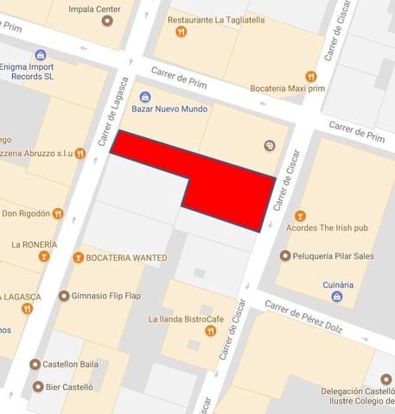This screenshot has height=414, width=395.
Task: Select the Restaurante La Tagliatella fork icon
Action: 181,31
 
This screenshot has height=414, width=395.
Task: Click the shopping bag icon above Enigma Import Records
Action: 40,54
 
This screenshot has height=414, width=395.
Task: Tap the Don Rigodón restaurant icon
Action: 58,213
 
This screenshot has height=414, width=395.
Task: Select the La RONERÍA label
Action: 35,244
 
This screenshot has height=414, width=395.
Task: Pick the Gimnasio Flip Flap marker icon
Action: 64,296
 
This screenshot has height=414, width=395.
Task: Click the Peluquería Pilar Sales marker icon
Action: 285,255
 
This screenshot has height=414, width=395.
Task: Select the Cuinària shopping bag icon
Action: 337,297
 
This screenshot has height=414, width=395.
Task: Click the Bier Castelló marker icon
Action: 35,387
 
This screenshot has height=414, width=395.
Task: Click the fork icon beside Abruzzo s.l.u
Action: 80,154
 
